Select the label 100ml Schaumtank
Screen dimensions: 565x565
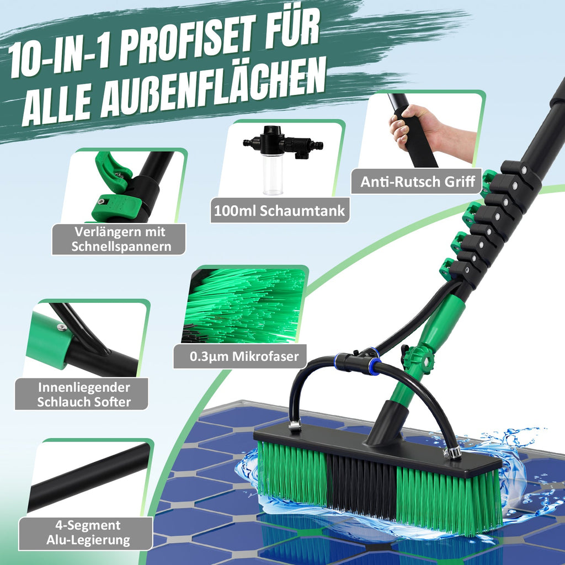[280, 210]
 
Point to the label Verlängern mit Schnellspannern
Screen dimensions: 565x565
[119, 239]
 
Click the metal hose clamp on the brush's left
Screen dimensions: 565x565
[295, 425]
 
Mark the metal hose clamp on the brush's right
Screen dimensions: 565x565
[454, 452]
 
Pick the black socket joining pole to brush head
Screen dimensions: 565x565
[387, 422]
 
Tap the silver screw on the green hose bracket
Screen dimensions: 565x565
[62, 327]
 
